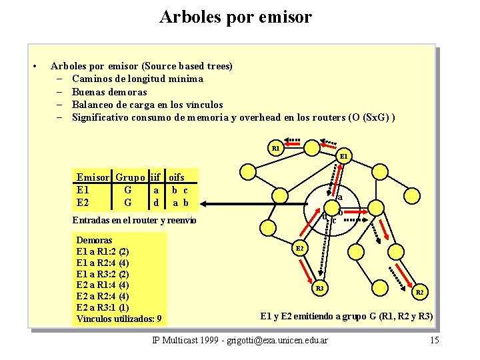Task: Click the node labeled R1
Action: point(275,147)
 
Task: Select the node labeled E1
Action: point(343,157)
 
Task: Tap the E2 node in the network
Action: point(299,248)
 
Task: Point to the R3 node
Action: point(319,288)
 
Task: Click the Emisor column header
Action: point(93,177)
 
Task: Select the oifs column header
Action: point(177,177)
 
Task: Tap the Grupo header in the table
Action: point(131,177)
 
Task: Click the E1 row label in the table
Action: point(83,190)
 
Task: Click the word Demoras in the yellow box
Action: point(95,240)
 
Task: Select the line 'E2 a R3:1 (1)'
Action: point(103,307)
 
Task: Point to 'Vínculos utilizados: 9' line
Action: point(119,319)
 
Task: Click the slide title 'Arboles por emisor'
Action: point(235,17)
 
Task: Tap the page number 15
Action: point(434,341)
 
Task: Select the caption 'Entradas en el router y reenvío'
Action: point(136,221)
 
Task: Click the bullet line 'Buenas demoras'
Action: point(109,92)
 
